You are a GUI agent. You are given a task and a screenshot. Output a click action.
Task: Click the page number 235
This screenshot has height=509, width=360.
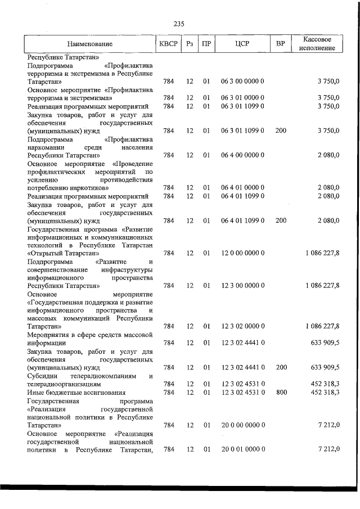click(x=179, y=24)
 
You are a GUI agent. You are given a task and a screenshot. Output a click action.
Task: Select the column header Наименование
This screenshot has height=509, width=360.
click(x=89, y=44)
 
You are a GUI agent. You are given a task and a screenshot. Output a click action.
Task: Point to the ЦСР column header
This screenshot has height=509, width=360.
click(x=243, y=44)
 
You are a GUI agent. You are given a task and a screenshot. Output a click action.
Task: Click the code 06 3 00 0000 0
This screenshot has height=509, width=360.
click(x=243, y=82)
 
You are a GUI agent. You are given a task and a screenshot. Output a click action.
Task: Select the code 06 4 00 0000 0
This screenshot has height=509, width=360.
click(x=243, y=155)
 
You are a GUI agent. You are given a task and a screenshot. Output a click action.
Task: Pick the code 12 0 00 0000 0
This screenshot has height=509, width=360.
click(x=243, y=253)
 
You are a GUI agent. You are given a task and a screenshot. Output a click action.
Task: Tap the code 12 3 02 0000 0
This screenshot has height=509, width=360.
click(x=243, y=326)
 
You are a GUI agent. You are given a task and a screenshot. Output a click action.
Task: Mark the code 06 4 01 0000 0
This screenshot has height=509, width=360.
click(x=243, y=187)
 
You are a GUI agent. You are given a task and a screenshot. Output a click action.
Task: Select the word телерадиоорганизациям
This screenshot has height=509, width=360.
click(x=65, y=384)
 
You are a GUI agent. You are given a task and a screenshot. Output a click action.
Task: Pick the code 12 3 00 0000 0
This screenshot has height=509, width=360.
click(x=243, y=286)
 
